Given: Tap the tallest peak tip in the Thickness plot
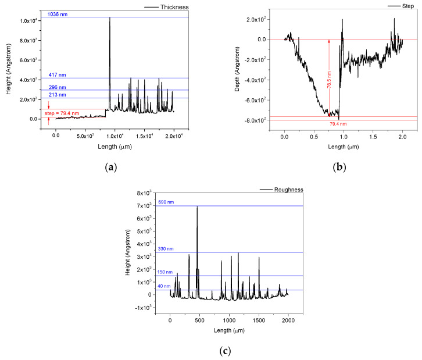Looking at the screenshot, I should pos(110,18).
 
